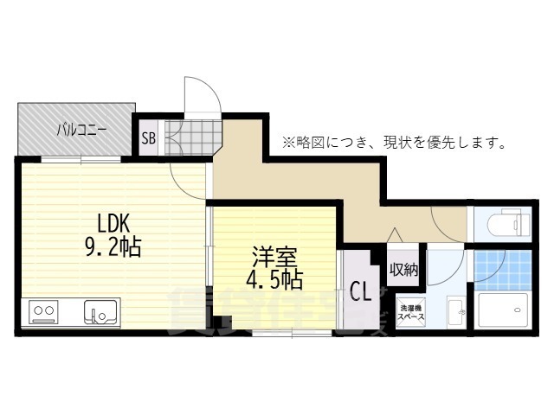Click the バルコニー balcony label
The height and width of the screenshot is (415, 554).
point(82,131)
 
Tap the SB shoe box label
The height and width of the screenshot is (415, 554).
point(148,137)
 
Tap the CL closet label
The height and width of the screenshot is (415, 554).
point(359,292)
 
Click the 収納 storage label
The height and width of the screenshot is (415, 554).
point(403,270)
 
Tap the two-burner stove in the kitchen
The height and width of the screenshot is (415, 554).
point(43,310)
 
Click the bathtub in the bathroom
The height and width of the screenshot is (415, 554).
point(504,310)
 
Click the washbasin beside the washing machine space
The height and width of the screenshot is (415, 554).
point(454,310)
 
